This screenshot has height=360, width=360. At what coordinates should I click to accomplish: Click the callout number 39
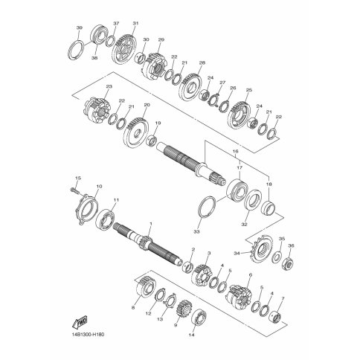coord(79,28)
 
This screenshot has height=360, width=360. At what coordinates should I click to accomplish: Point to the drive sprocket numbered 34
coord(261,248)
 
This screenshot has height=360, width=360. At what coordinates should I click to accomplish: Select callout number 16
coord(235,151)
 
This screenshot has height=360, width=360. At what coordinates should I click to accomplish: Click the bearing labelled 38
coord(100,34)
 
